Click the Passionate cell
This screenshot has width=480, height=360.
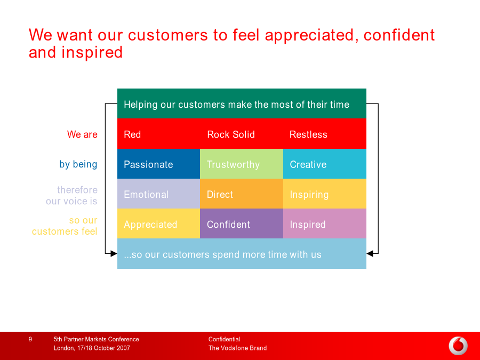[158, 164]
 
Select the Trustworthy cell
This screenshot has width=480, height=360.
[242, 164]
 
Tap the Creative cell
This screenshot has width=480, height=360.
[325, 164]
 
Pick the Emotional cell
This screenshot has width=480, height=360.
[158, 194]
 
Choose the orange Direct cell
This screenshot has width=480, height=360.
[242, 194]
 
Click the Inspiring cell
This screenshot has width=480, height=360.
[325, 194]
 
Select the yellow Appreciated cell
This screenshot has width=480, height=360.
[158, 223]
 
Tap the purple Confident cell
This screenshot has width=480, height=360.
[242, 223]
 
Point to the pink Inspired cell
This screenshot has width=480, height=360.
[325, 223]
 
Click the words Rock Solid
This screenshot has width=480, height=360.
[231, 134]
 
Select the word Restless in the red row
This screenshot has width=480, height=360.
[308, 134]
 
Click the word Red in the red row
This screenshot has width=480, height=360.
[132, 134]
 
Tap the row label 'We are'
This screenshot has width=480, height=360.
[82, 134]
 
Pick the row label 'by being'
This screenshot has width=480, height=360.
[78, 164]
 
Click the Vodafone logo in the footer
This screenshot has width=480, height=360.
[458, 346]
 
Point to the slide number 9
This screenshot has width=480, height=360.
[30, 339]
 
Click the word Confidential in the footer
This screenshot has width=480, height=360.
[224, 339]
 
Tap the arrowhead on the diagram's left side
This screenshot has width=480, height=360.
[114, 253]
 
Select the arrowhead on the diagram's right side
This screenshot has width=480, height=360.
[370, 253]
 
